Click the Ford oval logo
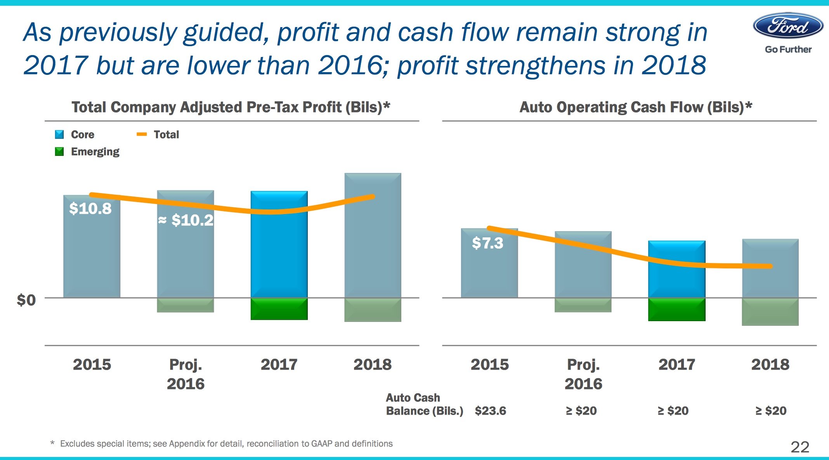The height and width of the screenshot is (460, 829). pyautogui.click(x=788, y=26)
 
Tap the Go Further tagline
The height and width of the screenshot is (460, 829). pyautogui.click(x=788, y=50)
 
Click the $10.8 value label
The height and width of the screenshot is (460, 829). pyautogui.click(x=90, y=209)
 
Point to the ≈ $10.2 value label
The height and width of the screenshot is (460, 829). pyautogui.click(x=186, y=220)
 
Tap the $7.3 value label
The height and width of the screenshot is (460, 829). pyautogui.click(x=487, y=243)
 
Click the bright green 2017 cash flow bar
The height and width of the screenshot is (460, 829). pyautogui.click(x=676, y=310)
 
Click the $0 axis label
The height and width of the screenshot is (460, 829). pyautogui.click(x=26, y=300)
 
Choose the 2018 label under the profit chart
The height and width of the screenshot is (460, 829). pyautogui.click(x=372, y=365)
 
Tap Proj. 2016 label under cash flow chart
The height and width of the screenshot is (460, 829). pyautogui.click(x=583, y=374)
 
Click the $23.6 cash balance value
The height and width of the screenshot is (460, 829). pyautogui.click(x=490, y=411)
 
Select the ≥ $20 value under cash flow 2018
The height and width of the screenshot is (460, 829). pyautogui.click(x=771, y=411)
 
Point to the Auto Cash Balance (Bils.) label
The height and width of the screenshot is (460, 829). pyautogui.click(x=424, y=404)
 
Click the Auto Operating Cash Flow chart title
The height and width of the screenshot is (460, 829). pyautogui.click(x=635, y=107)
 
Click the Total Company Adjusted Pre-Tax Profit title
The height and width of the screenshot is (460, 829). pyautogui.click(x=231, y=107)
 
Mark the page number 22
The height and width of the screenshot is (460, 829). pyautogui.click(x=800, y=447)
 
